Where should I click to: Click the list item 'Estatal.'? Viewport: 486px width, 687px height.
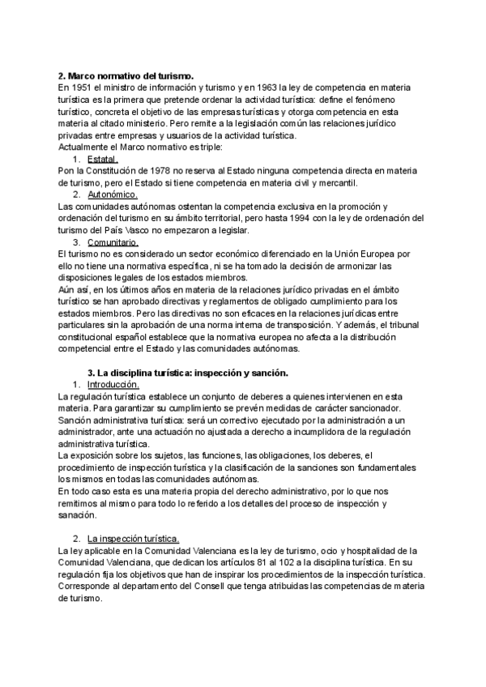coord(102,159)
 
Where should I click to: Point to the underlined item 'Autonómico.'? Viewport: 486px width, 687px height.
coord(113,194)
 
